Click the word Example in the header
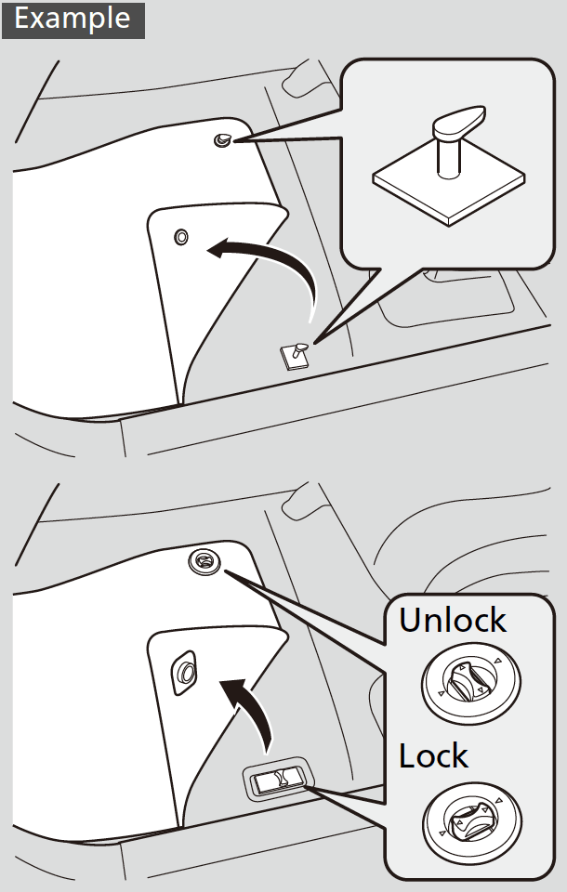(72, 19)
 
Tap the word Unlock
(453, 620)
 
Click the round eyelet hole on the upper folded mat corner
(180, 237)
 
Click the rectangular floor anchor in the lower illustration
(276, 780)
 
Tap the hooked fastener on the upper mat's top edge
(223, 139)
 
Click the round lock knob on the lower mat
(203, 560)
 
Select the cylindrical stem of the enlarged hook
(448, 153)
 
